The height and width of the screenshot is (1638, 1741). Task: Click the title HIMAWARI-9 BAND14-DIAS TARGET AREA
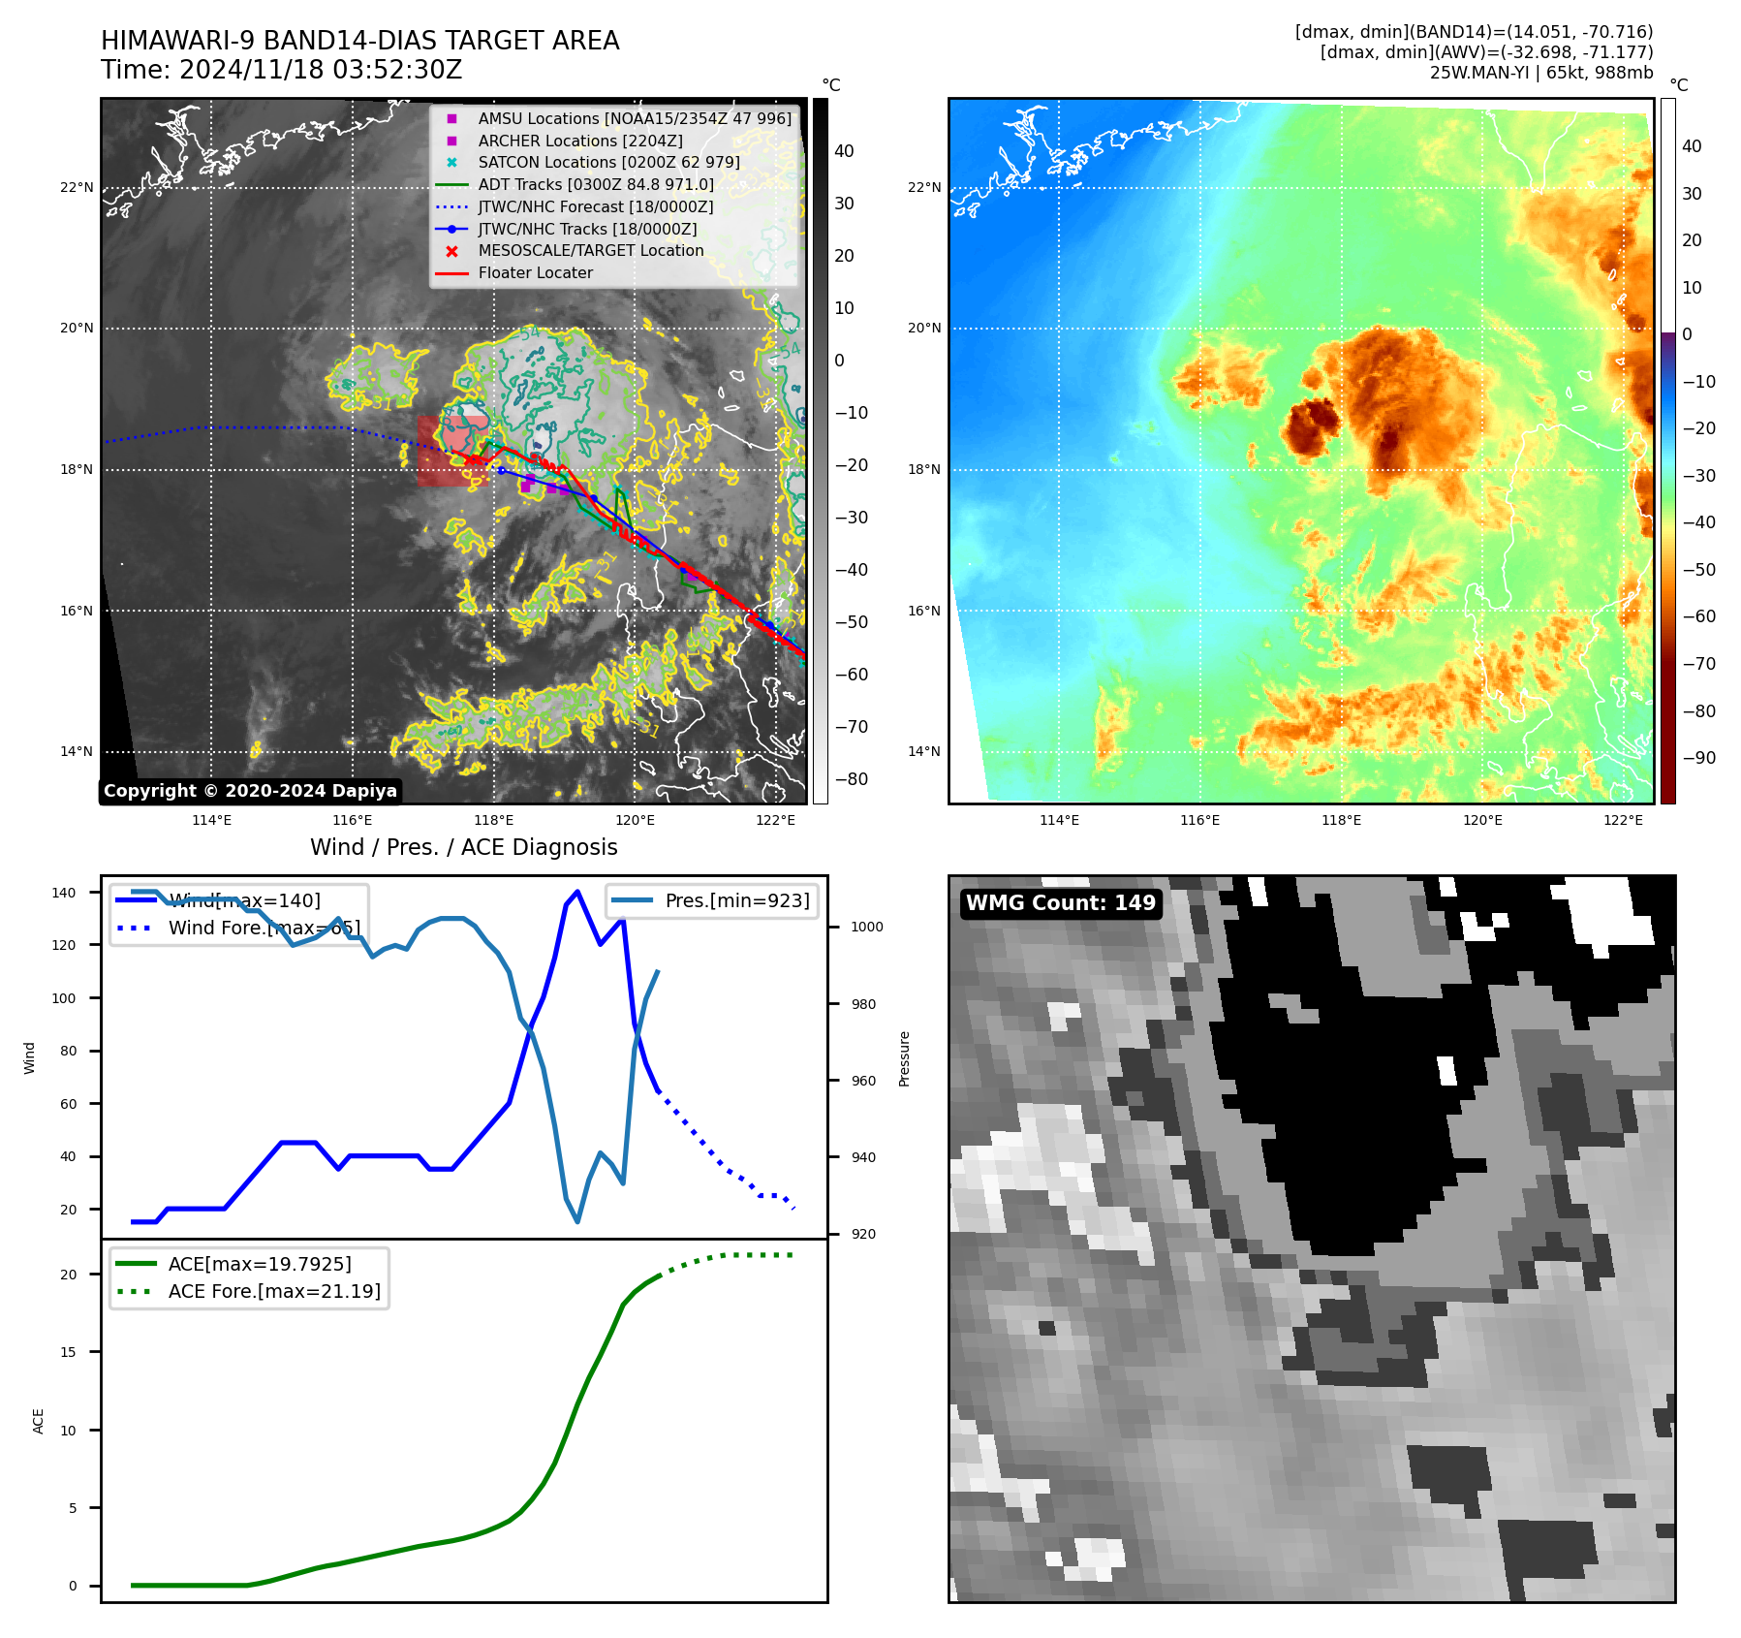359,41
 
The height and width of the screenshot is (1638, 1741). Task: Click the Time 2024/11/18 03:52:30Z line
281,70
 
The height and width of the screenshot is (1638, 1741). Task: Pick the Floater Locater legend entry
535,272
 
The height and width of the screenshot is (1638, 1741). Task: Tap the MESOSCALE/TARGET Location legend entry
590,250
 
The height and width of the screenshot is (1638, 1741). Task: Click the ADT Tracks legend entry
595,184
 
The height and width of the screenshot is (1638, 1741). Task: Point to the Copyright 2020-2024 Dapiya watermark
250,791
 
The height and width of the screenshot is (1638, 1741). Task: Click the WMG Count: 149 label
1060,903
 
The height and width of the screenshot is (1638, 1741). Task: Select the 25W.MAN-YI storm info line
1540,73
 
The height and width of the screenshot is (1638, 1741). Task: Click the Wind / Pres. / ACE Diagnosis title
463,847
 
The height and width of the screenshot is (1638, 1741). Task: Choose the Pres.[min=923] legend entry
736,900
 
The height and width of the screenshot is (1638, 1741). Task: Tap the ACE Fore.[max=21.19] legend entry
273,1291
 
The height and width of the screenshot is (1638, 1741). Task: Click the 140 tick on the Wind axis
64,893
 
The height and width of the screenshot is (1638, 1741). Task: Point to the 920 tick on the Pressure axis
862,1234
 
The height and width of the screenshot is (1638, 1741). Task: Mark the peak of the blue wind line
577,891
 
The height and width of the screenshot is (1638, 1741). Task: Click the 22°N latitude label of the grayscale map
77,187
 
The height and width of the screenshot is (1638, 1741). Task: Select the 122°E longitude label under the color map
1623,820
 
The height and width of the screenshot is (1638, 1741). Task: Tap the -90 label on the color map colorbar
1698,758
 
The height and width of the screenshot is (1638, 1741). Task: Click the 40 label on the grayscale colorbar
844,151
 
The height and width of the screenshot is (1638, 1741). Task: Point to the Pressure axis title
904,1058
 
